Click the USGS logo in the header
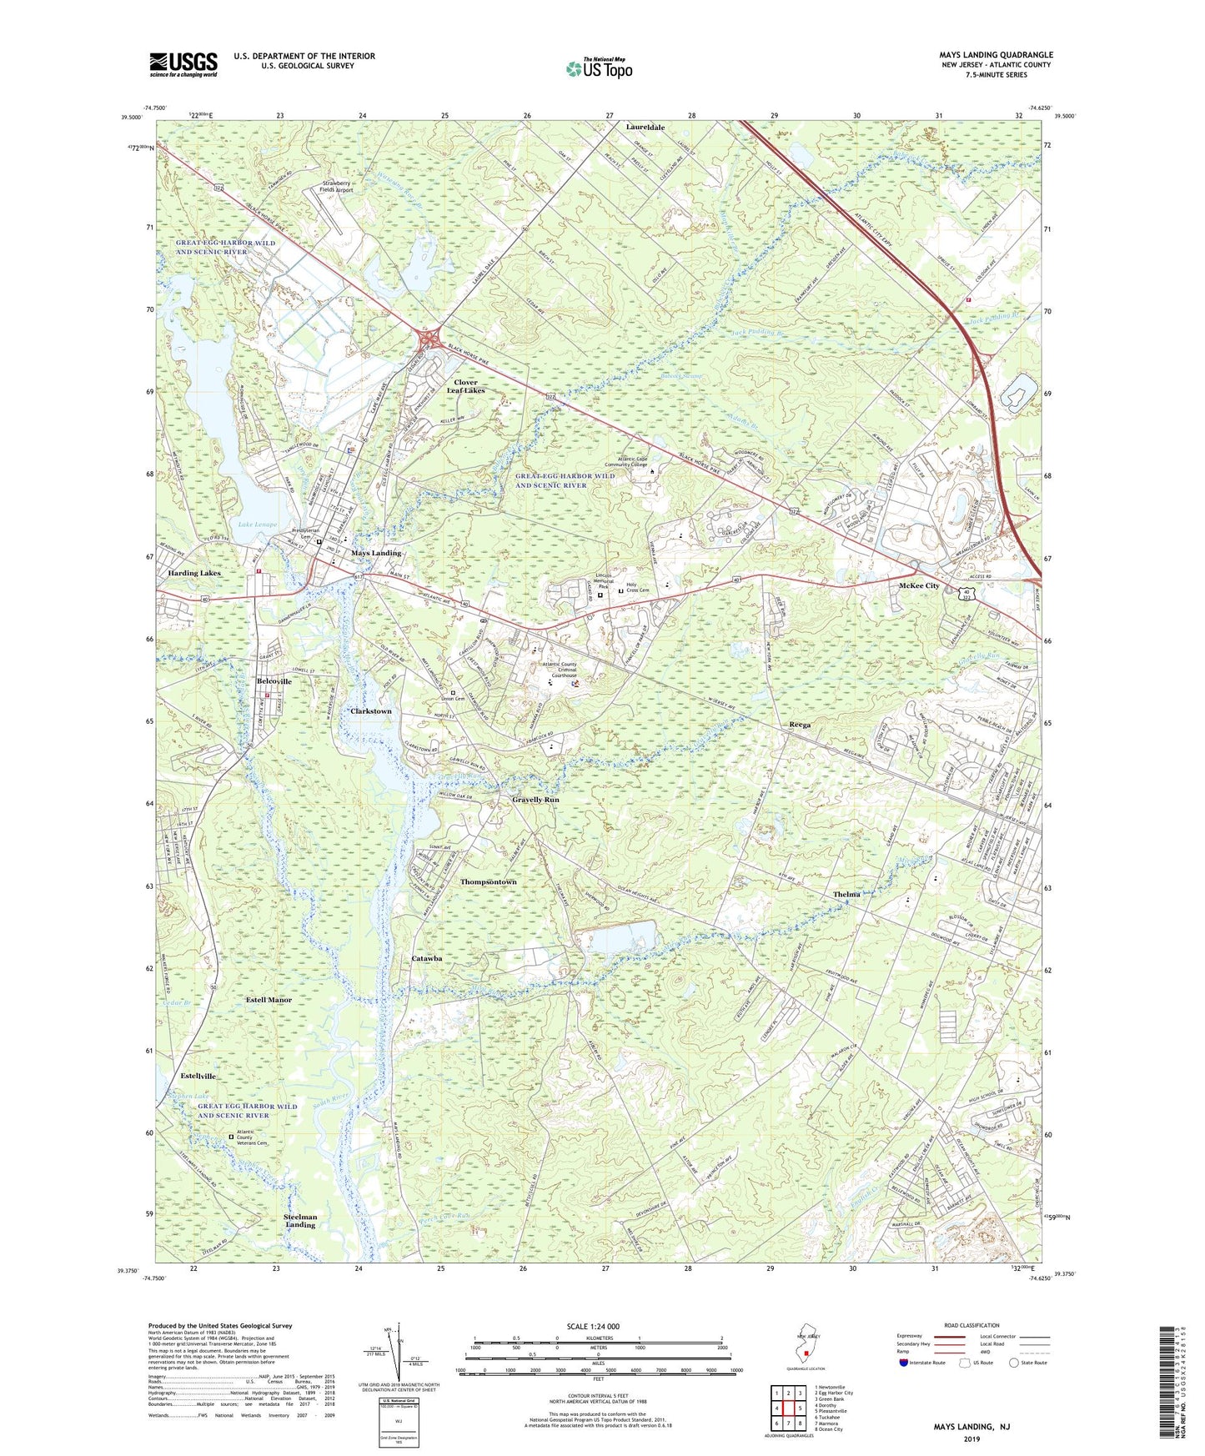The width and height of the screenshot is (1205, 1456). coord(183,64)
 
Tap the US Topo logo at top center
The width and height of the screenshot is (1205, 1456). coord(598,68)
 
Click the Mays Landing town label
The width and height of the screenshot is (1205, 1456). coord(375,553)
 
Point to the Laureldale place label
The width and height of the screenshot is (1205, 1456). coord(645,128)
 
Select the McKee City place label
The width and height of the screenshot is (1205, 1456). coord(919,585)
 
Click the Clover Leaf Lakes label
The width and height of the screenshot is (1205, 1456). coord(465,386)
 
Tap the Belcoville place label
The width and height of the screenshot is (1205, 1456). coord(274,681)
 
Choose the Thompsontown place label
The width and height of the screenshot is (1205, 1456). coord(488,881)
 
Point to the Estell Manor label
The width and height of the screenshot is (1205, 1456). coord(269,999)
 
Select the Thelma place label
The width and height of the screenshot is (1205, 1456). coord(846,895)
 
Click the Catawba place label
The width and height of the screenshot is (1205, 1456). coord(427,959)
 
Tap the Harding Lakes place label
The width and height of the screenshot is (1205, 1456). coord(193,574)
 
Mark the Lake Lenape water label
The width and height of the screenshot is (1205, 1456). coord(257,525)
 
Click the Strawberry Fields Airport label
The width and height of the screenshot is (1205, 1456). coord(338,186)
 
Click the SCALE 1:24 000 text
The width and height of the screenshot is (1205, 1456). coord(593,1326)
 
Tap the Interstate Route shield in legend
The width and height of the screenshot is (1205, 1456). coord(904,1363)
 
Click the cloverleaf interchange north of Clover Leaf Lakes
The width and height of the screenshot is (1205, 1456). coord(431,339)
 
